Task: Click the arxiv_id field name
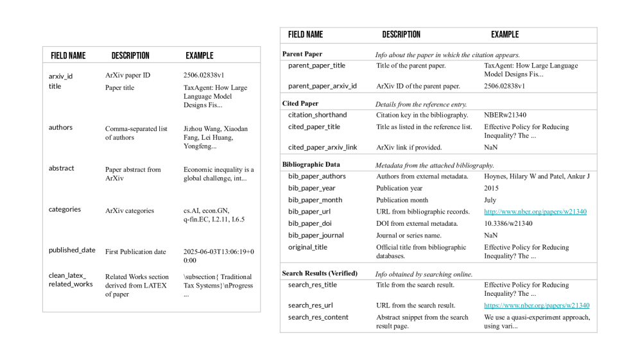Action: (60, 76)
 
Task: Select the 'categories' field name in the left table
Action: (65, 209)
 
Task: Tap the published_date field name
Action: (72, 250)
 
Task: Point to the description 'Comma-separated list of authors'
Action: (132, 133)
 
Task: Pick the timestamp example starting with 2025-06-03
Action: (218, 256)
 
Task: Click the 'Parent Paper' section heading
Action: (302, 55)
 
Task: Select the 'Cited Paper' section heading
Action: (300, 103)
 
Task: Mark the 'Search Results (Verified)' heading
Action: (320, 273)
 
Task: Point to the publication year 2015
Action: (491, 189)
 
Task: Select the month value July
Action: (490, 200)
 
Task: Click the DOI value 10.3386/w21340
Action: (508, 223)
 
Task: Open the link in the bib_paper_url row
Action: (535, 212)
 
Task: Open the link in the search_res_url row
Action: (536, 305)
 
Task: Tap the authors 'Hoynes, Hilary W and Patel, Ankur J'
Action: (536, 176)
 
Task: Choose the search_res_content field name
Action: (318, 317)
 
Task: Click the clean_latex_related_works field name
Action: (70, 280)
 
